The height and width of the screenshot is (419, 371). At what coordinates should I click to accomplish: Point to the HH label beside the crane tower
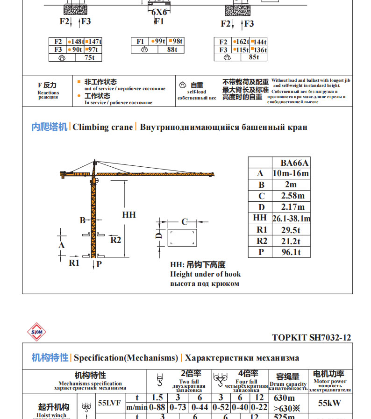tap(129, 214)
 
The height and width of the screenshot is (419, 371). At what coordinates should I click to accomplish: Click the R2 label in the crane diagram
tap(115, 240)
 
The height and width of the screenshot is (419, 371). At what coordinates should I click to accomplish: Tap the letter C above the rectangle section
tap(184, 221)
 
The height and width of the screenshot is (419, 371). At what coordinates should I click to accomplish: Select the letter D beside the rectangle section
tap(159, 236)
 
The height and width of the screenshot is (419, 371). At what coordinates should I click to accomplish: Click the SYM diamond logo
tap(36, 332)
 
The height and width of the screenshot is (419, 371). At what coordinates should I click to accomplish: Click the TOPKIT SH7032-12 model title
tap(311, 338)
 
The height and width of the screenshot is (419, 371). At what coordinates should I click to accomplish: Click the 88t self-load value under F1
tap(172, 50)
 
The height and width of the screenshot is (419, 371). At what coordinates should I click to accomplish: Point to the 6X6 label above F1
tap(159, 12)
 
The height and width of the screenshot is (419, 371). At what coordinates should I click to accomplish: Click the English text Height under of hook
tap(206, 274)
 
